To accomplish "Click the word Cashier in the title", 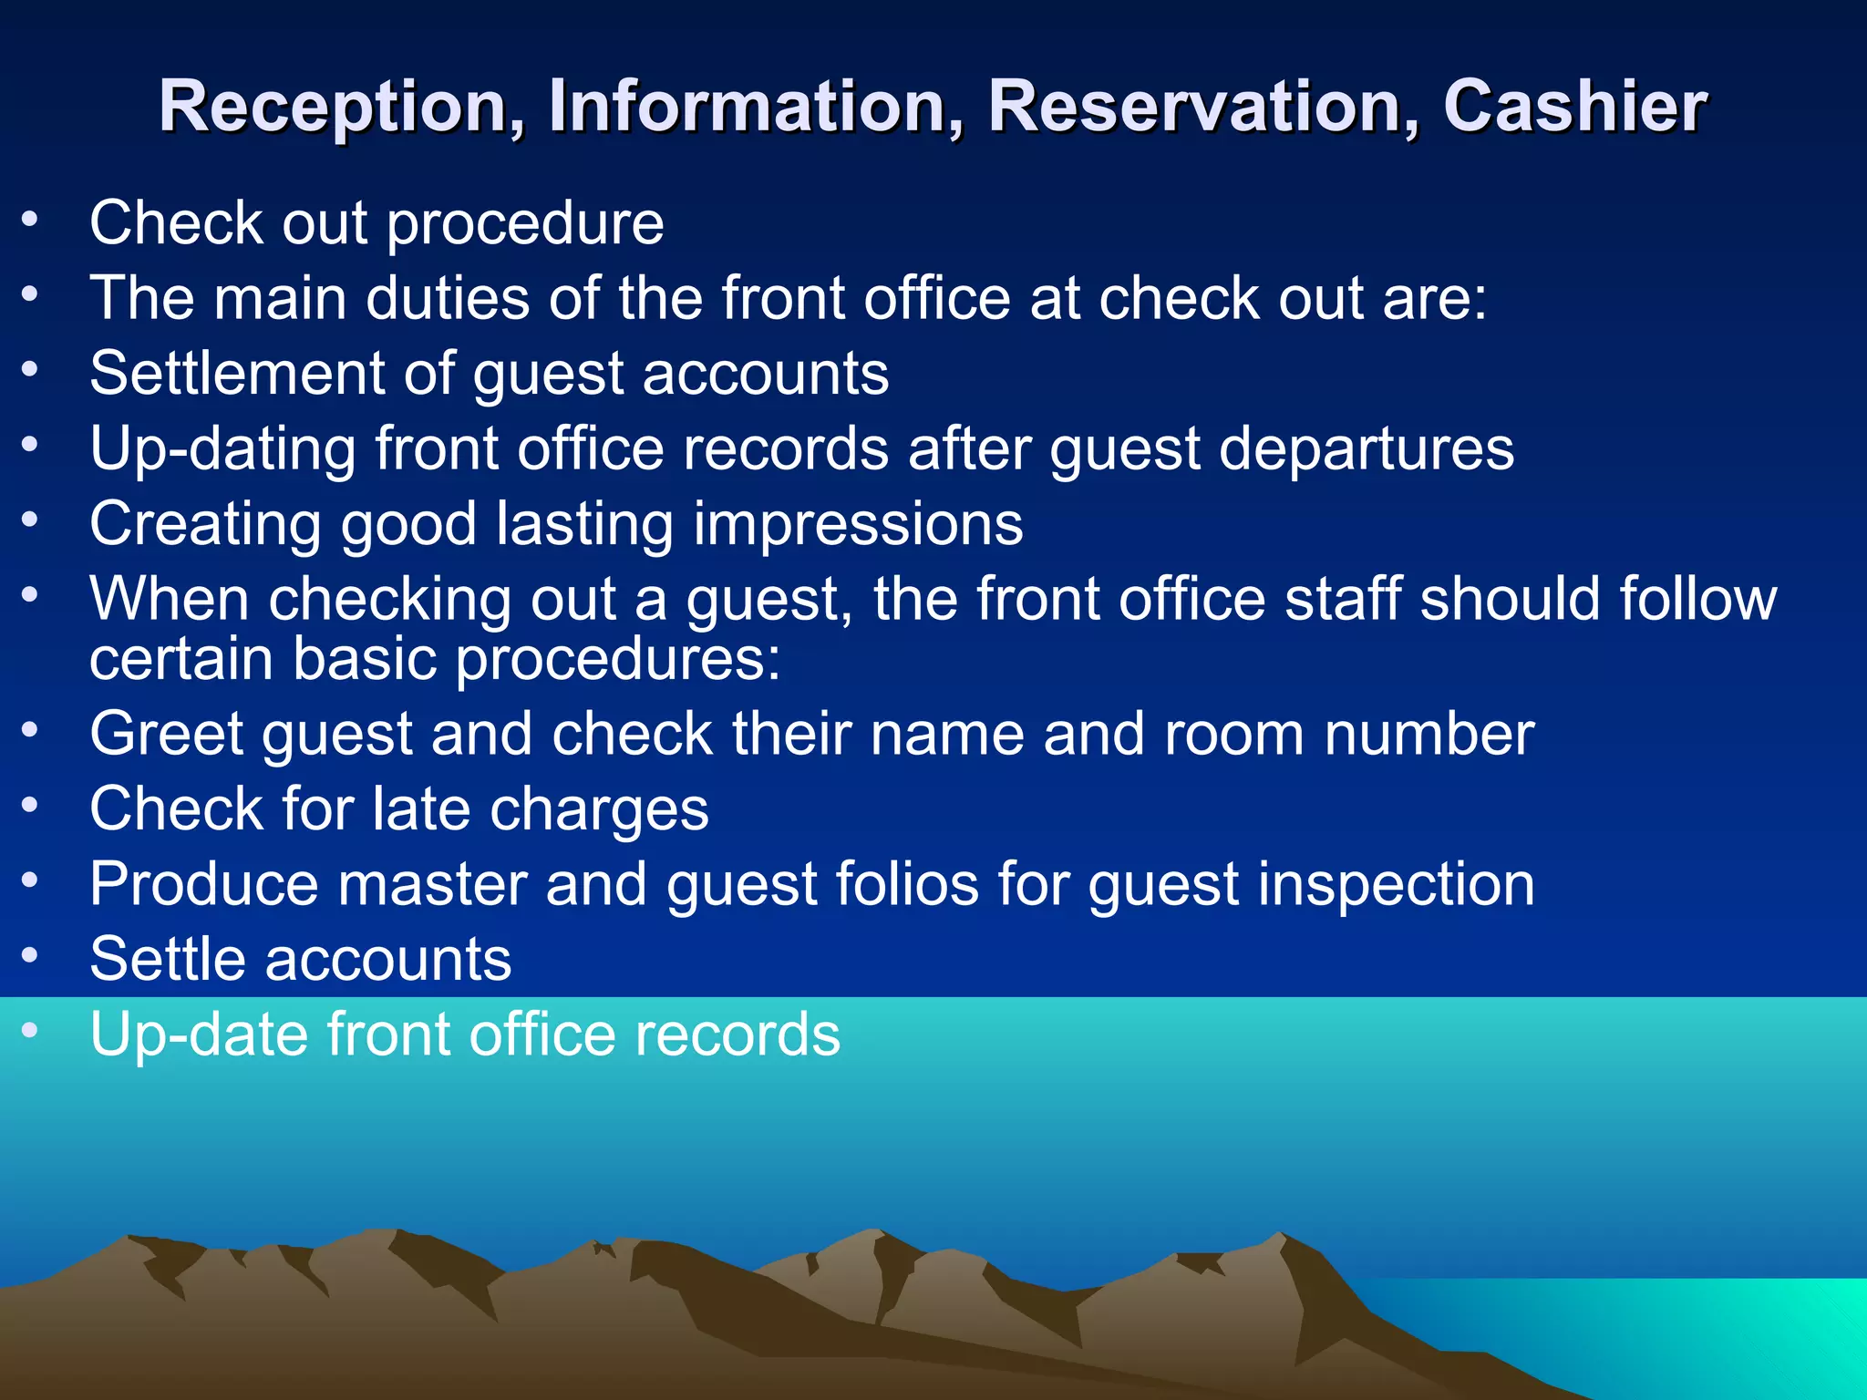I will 1574,107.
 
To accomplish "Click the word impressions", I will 858,524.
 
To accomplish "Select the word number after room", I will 1429,734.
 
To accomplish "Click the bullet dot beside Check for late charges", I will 31,805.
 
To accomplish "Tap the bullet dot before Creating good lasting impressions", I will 31,520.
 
